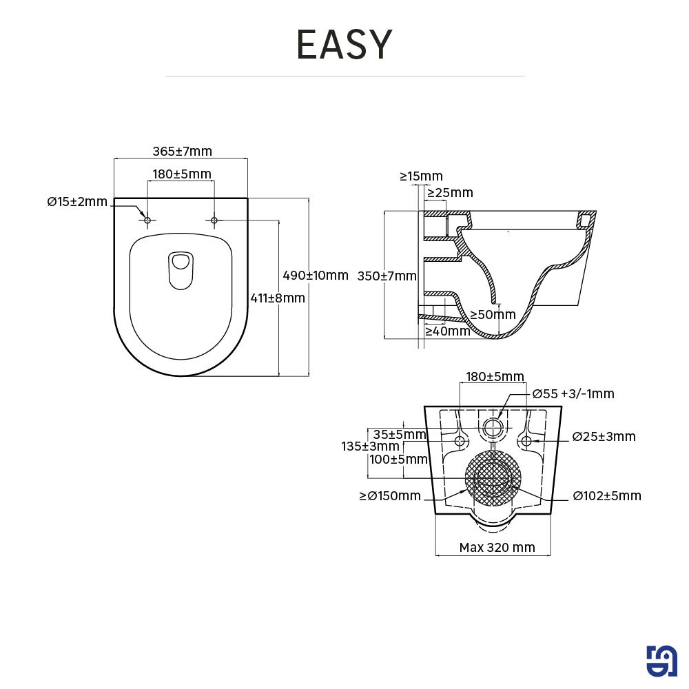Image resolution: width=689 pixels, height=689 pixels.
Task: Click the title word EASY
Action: click(x=344, y=45)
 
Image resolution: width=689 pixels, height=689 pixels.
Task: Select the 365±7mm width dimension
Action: click(x=182, y=152)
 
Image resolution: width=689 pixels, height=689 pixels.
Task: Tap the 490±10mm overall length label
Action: click(x=316, y=276)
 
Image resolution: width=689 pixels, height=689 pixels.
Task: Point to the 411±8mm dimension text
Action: click(x=277, y=298)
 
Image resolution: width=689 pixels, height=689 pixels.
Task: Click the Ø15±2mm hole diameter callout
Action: click(x=77, y=202)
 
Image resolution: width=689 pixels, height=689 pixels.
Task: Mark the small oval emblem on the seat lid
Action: click(x=181, y=270)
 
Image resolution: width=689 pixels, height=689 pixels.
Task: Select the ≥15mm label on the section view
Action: click(x=421, y=176)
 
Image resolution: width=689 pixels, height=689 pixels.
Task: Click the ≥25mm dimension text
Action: click(x=450, y=193)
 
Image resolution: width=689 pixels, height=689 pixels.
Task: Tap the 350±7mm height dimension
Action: click(x=387, y=276)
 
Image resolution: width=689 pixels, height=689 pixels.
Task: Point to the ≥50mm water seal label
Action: click(x=493, y=315)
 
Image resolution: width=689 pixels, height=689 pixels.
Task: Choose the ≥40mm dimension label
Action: click(x=447, y=331)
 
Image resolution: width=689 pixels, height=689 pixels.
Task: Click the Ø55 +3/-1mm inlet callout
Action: click(x=573, y=394)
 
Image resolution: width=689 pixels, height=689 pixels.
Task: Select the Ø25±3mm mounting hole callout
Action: click(x=604, y=437)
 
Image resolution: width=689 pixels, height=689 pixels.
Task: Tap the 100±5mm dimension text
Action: click(x=398, y=460)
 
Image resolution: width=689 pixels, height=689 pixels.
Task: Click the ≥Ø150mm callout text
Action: click(x=390, y=496)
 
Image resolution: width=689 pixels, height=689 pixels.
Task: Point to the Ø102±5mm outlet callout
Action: click(x=607, y=496)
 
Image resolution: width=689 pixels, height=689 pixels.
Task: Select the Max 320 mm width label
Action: click(x=497, y=548)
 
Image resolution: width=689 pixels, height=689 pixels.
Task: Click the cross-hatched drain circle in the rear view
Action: click(x=493, y=479)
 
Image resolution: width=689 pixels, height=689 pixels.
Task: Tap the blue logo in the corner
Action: click(x=662, y=662)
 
